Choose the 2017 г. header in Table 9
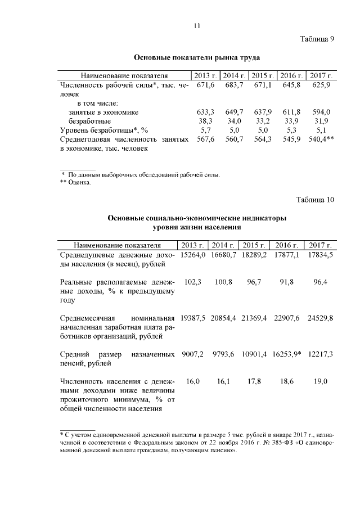(x=321, y=75)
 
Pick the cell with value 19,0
(x=321, y=382)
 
